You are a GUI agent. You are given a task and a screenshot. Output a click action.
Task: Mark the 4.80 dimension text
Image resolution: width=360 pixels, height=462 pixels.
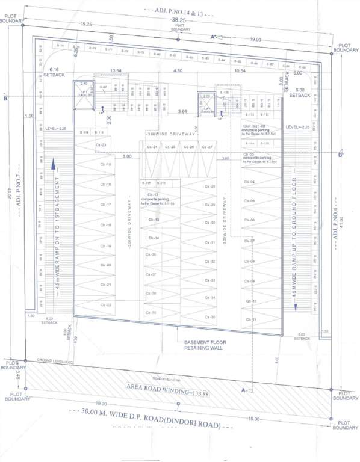point(178,71)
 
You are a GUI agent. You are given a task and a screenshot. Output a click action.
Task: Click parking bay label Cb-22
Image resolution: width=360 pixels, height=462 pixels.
point(106,305)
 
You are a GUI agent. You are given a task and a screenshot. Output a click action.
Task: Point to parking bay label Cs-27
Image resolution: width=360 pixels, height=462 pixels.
point(208,147)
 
